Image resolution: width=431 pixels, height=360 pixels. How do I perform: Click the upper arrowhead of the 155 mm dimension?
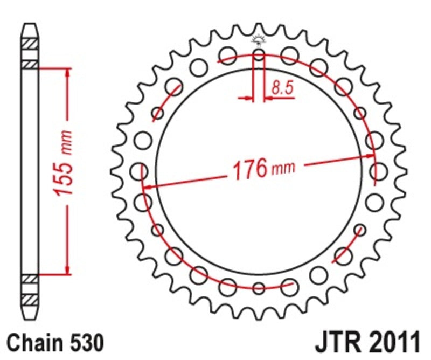[x=67, y=73]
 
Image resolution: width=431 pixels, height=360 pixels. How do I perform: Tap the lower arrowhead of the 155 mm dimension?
[x=67, y=269]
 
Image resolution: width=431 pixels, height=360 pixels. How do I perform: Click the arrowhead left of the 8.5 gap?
[x=248, y=99]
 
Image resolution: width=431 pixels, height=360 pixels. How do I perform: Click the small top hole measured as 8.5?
[x=259, y=55]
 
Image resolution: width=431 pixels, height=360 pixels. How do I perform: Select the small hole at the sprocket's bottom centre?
[x=259, y=288]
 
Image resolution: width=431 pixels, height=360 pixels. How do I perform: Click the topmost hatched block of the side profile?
[x=30, y=43]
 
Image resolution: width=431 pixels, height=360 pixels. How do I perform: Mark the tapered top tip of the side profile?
[x=30, y=26]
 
